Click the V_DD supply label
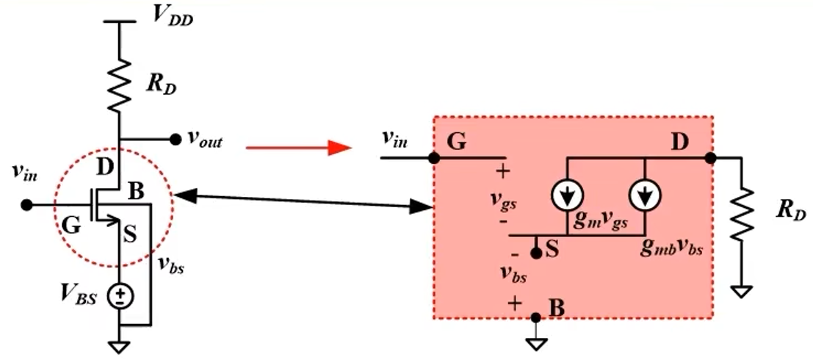(172, 18)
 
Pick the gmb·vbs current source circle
(646, 194)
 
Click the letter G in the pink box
(457, 142)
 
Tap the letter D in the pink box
(679, 140)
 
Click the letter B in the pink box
(556, 309)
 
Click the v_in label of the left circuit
(27, 173)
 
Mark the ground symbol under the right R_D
(743, 291)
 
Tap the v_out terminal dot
(175, 139)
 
